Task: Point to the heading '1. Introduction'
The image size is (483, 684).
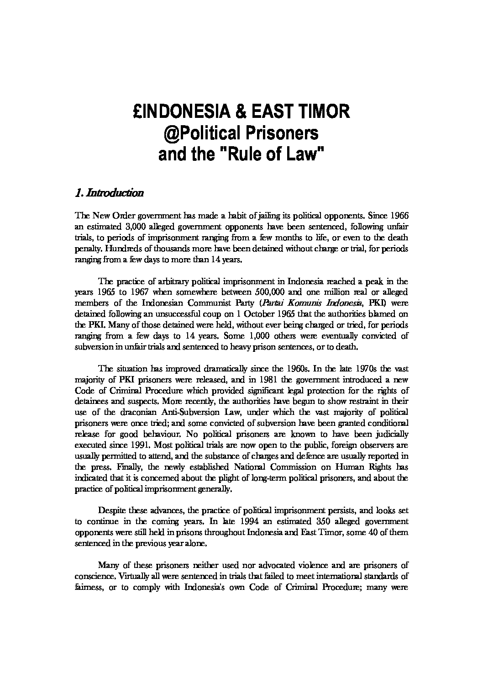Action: coord(109,193)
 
